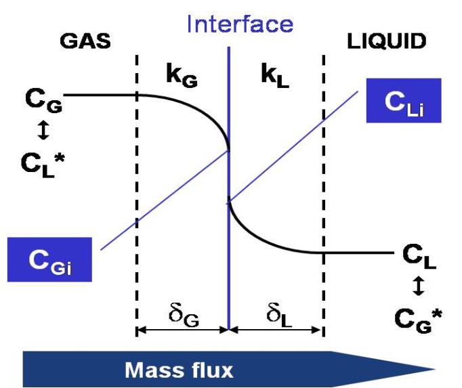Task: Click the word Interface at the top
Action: pos(240,25)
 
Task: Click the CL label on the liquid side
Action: pos(419,258)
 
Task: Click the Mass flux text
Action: pos(179,370)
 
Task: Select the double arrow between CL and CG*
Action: pos(419,287)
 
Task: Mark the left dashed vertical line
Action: pos(137,203)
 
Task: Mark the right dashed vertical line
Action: pos(324,203)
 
